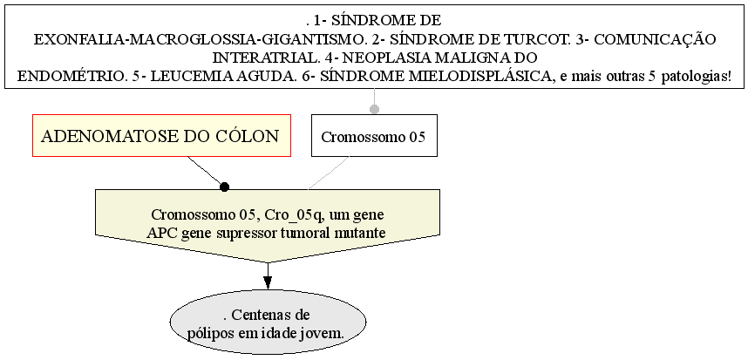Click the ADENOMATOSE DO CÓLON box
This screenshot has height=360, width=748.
161,136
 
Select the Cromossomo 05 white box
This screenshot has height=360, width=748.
374,136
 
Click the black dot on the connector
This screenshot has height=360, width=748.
224,187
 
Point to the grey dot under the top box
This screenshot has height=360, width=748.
374,110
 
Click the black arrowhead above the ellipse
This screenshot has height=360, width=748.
268,281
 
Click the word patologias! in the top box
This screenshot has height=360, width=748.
695,76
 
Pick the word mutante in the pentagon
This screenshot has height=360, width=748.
360,232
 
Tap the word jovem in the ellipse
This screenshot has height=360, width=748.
320,333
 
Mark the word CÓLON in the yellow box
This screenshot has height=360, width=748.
248,137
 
